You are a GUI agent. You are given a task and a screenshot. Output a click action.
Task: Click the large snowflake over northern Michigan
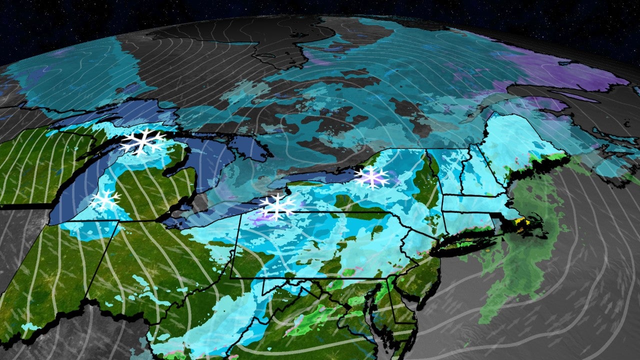[x=143, y=141]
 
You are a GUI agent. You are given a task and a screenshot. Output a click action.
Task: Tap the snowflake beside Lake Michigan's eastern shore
[x=105, y=200]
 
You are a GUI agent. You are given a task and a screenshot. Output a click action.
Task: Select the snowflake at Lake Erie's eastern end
[x=277, y=206]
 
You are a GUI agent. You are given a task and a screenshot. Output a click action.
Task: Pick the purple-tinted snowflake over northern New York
[x=371, y=177]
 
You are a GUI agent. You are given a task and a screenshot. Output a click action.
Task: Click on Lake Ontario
[x=305, y=178]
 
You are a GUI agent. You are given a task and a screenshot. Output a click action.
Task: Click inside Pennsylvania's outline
[x=320, y=245]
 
